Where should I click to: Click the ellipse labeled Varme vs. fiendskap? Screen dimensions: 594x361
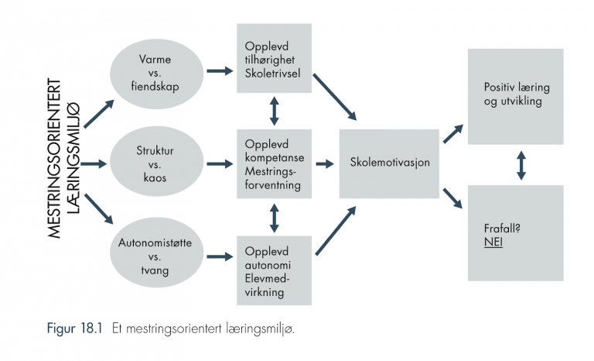[156, 74]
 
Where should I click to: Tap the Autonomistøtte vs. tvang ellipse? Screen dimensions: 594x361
[156, 252]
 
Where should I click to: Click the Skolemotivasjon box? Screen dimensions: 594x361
[389, 163]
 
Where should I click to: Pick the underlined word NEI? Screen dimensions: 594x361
[493, 242]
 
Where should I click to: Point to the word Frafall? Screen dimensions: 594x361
[502, 228]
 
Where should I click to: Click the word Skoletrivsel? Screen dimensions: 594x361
[272, 74]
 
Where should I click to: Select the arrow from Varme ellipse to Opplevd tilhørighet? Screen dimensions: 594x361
[220, 70]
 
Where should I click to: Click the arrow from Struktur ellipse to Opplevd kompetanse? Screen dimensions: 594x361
[220, 164]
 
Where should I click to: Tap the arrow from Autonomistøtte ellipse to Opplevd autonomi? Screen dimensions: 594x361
[220, 256]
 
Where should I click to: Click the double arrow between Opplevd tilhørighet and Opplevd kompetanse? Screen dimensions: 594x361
[275, 111]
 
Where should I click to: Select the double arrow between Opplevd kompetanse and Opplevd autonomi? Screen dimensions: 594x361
[275, 218]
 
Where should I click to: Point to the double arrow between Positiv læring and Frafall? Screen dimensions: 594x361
[521, 165]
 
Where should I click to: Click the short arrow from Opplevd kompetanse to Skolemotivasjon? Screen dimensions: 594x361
[325, 164]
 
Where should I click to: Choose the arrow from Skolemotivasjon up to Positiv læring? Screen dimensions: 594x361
[453, 133]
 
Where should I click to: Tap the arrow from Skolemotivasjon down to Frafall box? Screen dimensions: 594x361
[453, 198]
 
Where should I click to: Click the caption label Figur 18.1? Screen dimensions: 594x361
[74, 328]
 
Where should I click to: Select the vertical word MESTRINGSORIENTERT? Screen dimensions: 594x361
[55, 158]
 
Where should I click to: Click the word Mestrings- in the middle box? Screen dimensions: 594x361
[270, 171]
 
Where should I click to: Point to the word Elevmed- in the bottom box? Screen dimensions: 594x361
[267, 278]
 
